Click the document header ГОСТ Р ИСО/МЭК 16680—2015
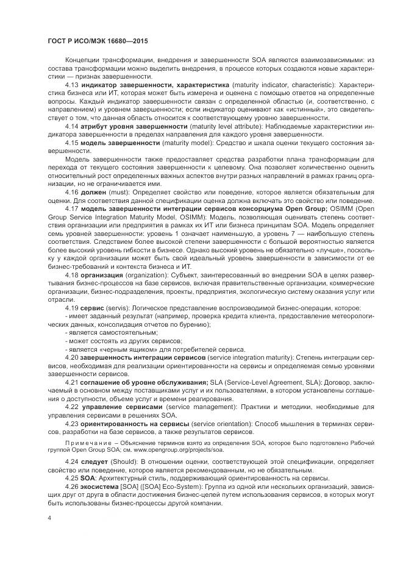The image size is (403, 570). pos(98,40)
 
